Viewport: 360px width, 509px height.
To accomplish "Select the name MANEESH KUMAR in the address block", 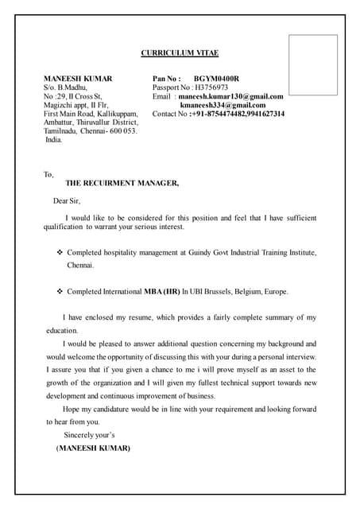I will (78, 79).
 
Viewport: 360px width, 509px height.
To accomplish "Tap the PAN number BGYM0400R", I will (216, 79).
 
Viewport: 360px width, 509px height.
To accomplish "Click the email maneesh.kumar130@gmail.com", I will (231, 96).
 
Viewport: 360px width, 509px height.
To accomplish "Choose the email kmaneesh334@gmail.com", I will (223, 105).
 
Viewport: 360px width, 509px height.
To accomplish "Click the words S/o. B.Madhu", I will (66, 87).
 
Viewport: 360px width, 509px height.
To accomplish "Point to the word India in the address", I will (53, 139).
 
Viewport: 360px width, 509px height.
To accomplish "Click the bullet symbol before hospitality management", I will (59, 252).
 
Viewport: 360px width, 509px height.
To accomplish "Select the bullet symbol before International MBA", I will (59, 291).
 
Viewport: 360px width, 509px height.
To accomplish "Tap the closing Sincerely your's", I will (89, 435).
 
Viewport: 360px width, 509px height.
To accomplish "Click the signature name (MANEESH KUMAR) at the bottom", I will (93, 448).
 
